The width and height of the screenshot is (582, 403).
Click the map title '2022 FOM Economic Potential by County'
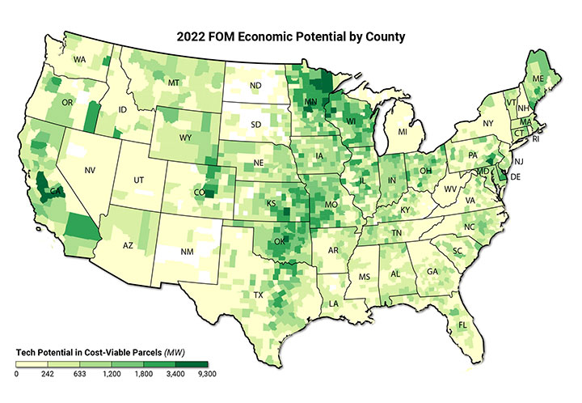coord(291,36)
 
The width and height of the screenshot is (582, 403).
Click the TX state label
coord(259,295)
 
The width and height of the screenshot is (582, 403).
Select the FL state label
coord(462,325)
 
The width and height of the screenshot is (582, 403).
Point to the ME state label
coord(538,78)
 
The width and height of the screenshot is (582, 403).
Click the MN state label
coord(310,102)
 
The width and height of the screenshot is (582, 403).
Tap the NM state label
coord(188,253)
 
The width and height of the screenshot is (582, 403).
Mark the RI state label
coord(538,138)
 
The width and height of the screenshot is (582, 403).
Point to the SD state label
coord(255,125)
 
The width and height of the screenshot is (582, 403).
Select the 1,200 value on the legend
coord(112,375)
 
